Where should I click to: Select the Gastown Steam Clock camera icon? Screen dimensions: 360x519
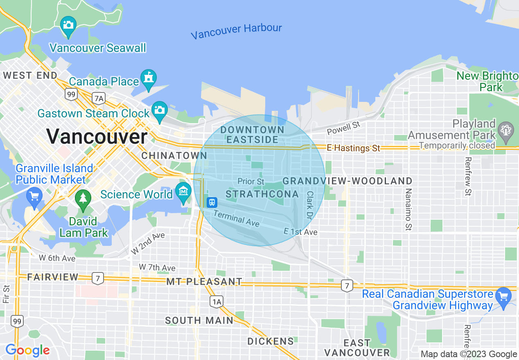coord(159,110)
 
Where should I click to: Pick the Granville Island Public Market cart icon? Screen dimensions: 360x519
coord(34,197)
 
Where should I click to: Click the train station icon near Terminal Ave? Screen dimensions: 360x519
coord(212,202)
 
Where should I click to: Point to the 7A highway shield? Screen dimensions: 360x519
coord(99,98)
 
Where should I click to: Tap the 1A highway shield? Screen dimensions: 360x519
coord(217,302)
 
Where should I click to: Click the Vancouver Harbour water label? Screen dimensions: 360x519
coord(236,31)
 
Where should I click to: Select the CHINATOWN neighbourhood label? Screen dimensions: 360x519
coord(174,155)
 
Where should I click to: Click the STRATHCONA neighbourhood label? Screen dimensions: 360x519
coord(262,194)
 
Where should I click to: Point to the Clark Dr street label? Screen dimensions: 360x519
coord(309,205)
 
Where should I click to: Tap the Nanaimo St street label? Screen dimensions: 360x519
coord(408,209)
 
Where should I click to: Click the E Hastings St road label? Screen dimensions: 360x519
coord(354,148)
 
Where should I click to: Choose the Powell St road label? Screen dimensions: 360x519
coord(343,128)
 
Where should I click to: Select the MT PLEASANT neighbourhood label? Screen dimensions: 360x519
coord(204,281)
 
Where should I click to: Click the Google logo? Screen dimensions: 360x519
coord(27,350)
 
